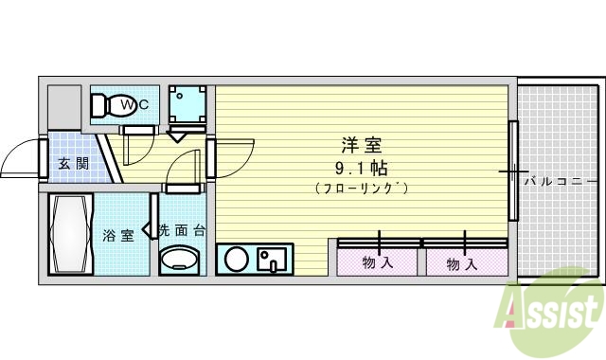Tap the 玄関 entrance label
coord(73,163)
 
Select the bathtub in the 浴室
coord(71,233)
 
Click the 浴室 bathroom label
coord(117,234)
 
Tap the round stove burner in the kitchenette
coord(236,258)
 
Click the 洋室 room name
coord(363,146)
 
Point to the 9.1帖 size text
coord(363,168)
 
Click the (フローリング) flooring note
coord(363,189)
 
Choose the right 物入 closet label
coord(462,263)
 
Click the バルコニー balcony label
coord(560,180)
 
